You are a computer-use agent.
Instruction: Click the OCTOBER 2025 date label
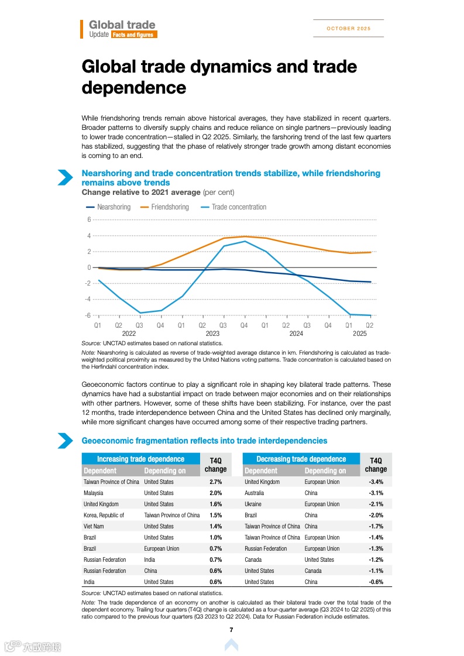[348, 29]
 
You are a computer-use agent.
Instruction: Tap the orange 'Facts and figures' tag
[133, 35]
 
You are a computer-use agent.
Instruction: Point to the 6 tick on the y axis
[89, 220]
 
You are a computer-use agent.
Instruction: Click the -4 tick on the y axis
[88, 299]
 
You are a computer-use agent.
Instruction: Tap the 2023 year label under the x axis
[212, 334]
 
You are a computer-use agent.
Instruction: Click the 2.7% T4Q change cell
[215, 482]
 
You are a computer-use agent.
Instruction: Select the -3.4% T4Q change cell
[376, 482]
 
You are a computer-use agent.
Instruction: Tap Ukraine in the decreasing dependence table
[253, 504]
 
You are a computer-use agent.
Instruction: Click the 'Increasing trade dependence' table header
[140, 459]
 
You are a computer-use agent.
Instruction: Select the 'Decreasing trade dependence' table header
[301, 459]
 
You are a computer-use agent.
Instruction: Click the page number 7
[232, 630]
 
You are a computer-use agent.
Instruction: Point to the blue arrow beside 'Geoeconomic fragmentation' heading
[65, 441]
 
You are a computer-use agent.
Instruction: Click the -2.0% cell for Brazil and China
[376, 516]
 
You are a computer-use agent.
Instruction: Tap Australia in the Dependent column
[254, 493]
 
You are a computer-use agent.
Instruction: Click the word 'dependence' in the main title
[133, 88]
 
